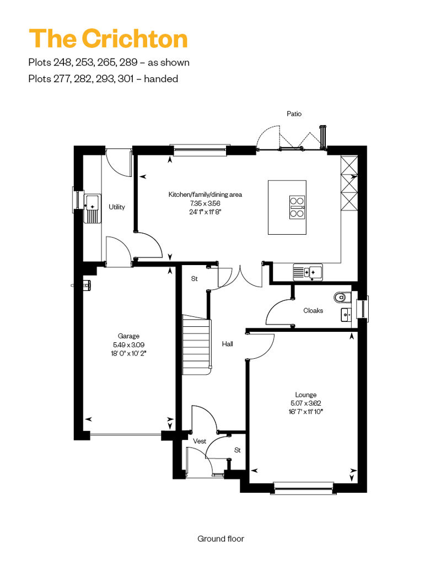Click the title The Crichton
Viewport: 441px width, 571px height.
pyautogui.click(x=108, y=38)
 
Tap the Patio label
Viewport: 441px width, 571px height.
pyautogui.click(x=294, y=114)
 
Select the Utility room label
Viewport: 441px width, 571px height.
pyautogui.click(x=116, y=207)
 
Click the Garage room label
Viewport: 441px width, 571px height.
pyautogui.click(x=128, y=336)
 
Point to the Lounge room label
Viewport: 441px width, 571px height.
pyautogui.click(x=305, y=395)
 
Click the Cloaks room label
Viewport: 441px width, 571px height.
pyautogui.click(x=313, y=311)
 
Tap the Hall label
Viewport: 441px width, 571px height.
pyautogui.click(x=227, y=344)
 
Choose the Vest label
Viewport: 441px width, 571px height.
pyautogui.click(x=200, y=441)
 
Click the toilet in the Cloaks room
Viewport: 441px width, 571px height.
pyautogui.click(x=342, y=297)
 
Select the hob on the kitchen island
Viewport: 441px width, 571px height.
pyautogui.click(x=297, y=207)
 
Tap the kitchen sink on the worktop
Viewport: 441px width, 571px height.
pyautogui.click(x=308, y=272)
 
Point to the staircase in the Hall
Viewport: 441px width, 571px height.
pyautogui.click(x=197, y=344)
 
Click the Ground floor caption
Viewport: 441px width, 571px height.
pyautogui.click(x=220, y=538)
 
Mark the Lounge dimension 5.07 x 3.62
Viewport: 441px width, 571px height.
pyautogui.click(x=305, y=403)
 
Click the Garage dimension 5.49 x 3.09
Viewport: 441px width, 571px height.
pyautogui.click(x=128, y=344)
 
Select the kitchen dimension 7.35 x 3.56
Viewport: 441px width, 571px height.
pyautogui.click(x=205, y=203)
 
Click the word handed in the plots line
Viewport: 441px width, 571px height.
pyautogui.click(x=161, y=79)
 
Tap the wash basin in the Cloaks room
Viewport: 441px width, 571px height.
pyautogui.click(x=346, y=315)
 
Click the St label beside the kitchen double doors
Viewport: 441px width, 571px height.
pyautogui.click(x=195, y=278)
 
